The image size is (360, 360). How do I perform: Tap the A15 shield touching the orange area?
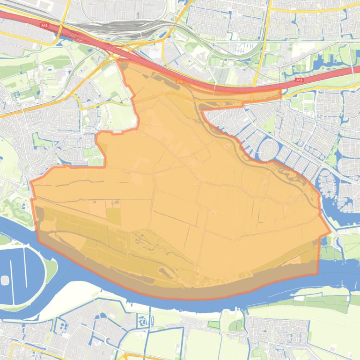180,81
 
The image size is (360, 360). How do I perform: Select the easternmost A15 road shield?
299,80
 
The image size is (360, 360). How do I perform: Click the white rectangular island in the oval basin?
5,280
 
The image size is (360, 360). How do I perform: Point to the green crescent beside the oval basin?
50,271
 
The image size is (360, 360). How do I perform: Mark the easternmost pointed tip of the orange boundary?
331,231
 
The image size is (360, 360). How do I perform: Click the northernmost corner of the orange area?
120,61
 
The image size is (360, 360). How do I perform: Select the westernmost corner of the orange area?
30,183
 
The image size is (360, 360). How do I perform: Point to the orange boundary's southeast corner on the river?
316,273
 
